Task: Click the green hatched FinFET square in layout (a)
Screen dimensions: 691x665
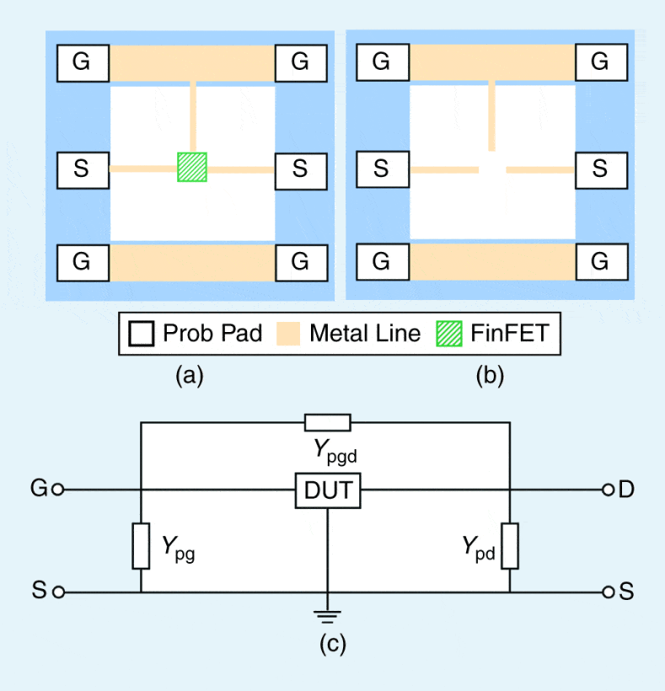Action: pos(192,167)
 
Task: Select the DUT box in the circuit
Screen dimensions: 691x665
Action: pos(327,490)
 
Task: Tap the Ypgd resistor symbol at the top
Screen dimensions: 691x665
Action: pos(327,423)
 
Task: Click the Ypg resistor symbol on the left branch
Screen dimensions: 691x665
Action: pos(141,545)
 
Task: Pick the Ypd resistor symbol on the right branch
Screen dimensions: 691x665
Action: pos(509,545)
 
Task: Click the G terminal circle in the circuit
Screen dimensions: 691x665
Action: pos(58,490)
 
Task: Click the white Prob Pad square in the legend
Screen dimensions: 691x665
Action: pos(143,334)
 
